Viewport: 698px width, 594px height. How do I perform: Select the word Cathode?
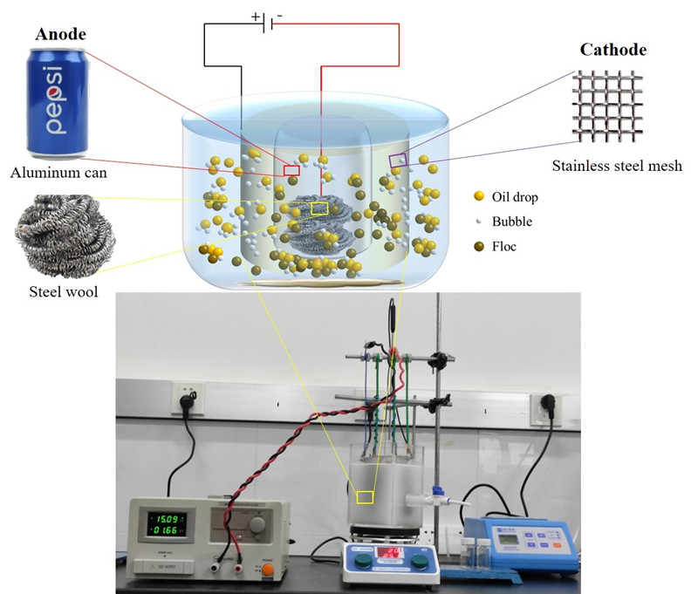click(613, 50)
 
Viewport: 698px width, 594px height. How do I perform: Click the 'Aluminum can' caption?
click(58, 173)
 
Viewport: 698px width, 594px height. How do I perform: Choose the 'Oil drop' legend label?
click(516, 197)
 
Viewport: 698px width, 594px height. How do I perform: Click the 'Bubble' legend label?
click(512, 222)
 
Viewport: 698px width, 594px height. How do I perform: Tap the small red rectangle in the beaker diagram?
click(291, 170)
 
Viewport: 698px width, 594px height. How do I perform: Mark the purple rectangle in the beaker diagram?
click(398, 160)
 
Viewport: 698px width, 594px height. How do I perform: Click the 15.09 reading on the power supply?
click(167, 514)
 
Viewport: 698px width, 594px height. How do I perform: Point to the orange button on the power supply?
click(266, 570)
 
